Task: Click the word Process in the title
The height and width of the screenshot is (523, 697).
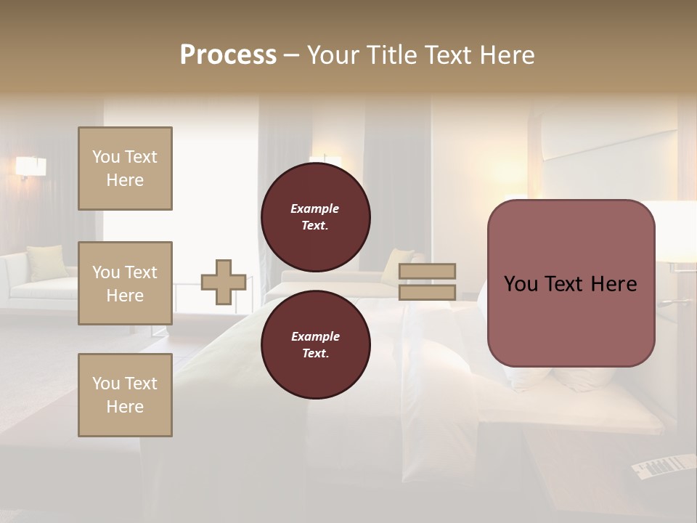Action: [x=228, y=55]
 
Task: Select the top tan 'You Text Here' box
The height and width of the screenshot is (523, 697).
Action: [x=125, y=169]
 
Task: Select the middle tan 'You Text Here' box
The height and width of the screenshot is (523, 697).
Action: [x=125, y=283]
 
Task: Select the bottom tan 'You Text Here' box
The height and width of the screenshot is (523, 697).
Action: [x=125, y=395]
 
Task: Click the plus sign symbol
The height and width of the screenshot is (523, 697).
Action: [x=224, y=283]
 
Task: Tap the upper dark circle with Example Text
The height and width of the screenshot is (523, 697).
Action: [x=316, y=217]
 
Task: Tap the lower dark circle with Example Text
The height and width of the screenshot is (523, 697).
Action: [x=316, y=345]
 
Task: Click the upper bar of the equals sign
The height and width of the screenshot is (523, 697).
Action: [x=428, y=271]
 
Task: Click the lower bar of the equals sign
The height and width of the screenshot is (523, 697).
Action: [x=428, y=292]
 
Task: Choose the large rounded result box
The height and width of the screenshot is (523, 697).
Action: [x=571, y=283]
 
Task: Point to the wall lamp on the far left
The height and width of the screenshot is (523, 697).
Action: [x=30, y=167]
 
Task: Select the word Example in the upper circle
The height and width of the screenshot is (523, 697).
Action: [x=315, y=208]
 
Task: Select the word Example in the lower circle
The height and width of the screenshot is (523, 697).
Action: [x=315, y=336]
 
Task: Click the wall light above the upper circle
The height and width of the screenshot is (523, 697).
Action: [x=325, y=160]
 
